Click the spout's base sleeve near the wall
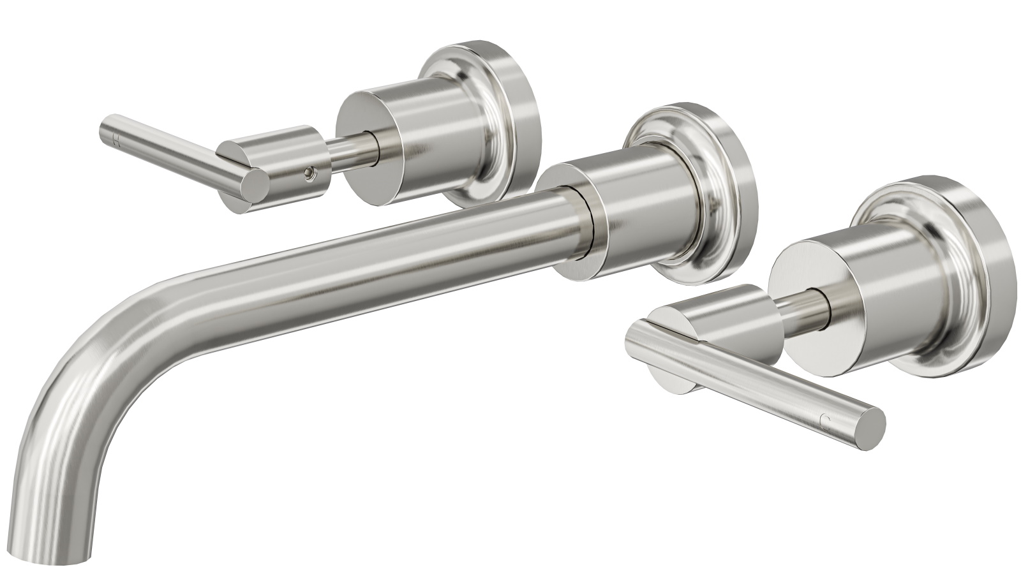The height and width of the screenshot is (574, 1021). click(632, 210)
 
